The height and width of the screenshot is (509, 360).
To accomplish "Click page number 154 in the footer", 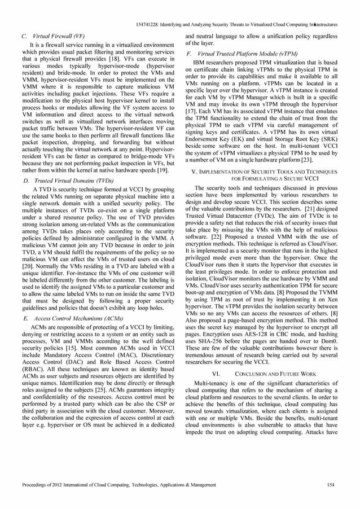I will pyautogui.click(x=331, y=485).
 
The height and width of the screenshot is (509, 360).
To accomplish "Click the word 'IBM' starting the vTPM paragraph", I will pyautogui.click(x=200, y=62).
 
